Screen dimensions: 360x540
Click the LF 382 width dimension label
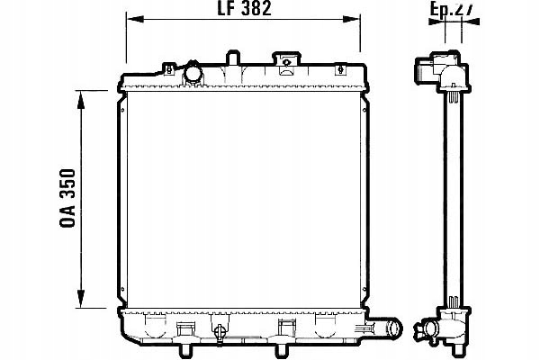[246, 10]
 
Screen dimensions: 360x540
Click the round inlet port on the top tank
[193, 73]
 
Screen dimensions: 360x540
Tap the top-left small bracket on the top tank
[167, 67]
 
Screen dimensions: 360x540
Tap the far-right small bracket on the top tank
[339, 68]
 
